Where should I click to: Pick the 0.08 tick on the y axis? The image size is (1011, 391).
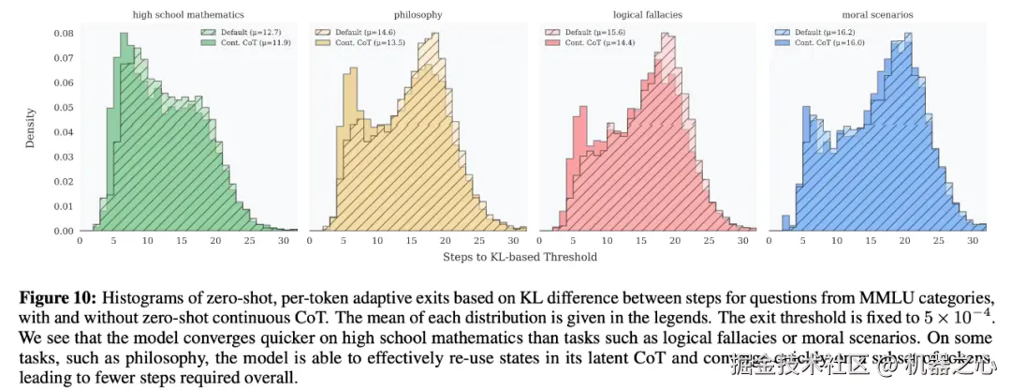[64, 34]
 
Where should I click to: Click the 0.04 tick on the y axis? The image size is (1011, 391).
[64, 132]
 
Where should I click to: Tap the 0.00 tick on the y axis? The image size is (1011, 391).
[64, 231]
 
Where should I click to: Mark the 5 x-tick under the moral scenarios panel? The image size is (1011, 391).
[802, 241]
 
